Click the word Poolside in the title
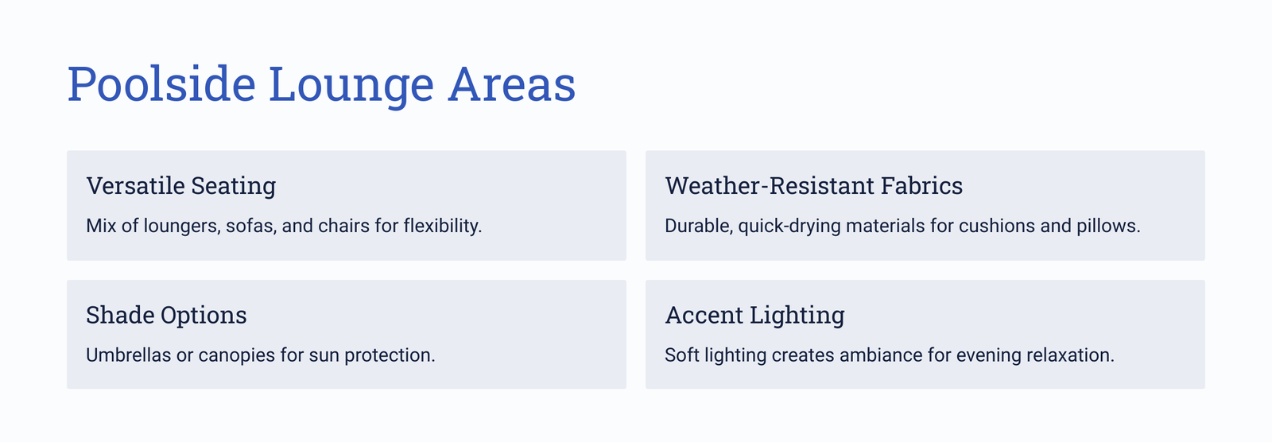click(x=162, y=84)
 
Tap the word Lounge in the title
click(x=351, y=85)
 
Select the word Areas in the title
click(x=512, y=84)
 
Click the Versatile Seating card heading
click(x=181, y=186)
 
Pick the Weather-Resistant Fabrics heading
click(x=814, y=186)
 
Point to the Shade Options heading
click(x=166, y=315)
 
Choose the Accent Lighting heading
click(x=754, y=315)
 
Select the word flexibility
click(x=442, y=226)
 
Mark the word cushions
click(x=997, y=226)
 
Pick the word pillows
click(x=1108, y=226)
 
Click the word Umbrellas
click(x=128, y=355)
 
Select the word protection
click(x=390, y=355)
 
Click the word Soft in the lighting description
click(x=682, y=355)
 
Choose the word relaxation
click(x=1070, y=355)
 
